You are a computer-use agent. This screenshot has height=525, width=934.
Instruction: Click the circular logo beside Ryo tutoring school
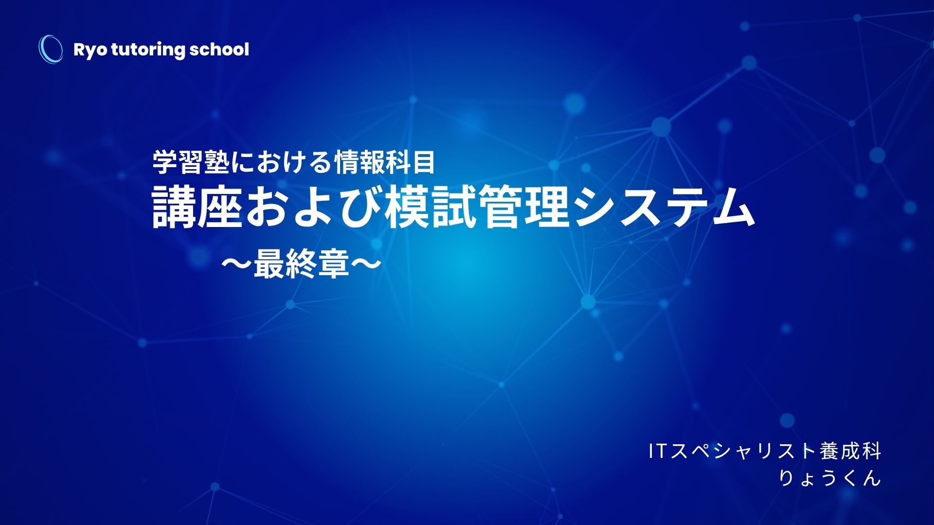pyautogui.click(x=51, y=49)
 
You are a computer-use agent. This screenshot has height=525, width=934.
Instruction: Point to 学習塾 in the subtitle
pyautogui.click(x=191, y=162)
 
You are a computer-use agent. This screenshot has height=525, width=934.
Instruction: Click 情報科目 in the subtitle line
pyautogui.click(x=384, y=162)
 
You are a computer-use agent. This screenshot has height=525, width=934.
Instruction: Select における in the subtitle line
pyautogui.click(x=282, y=162)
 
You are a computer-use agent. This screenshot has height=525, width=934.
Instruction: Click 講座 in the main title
pyautogui.click(x=197, y=209)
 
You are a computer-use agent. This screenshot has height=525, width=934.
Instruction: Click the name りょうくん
pyautogui.click(x=830, y=478)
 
